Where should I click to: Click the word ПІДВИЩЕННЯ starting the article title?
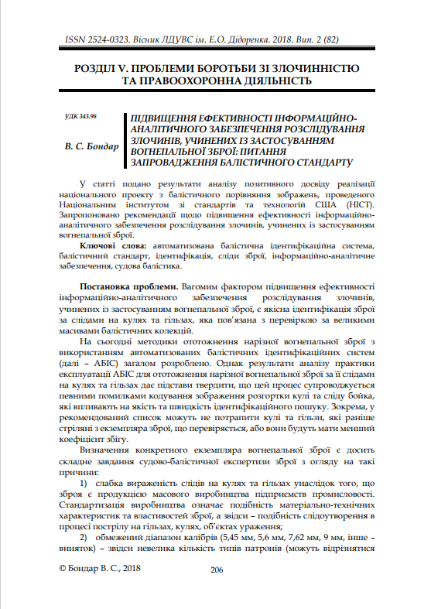coord(165,117)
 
